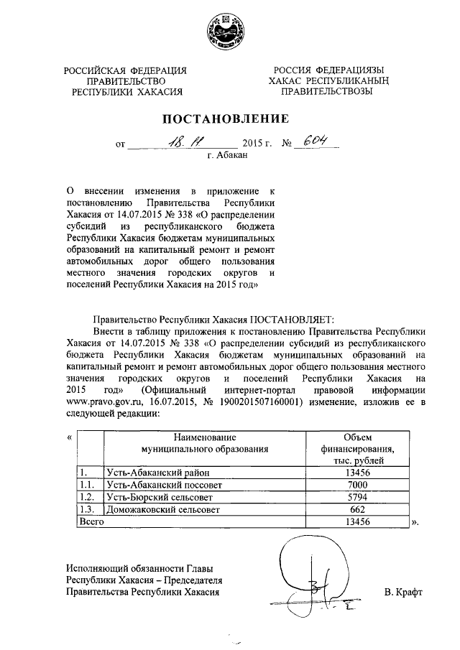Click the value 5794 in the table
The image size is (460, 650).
pyautogui.click(x=356, y=496)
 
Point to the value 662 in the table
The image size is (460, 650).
pyautogui.click(x=356, y=509)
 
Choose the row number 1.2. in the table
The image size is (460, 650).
pyautogui.click(x=87, y=496)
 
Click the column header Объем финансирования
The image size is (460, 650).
pyautogui.click(x=356, y=448)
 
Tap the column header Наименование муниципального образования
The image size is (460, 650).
pyautogui.click(x=205, y=442)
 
